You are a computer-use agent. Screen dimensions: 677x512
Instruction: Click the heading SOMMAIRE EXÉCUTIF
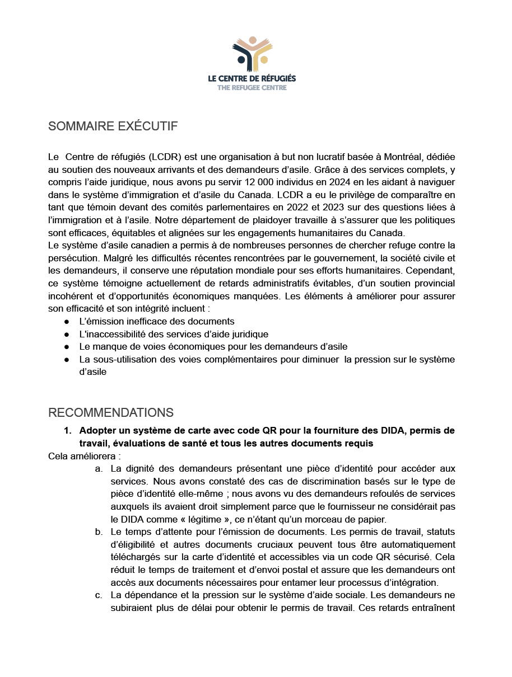(x=113, y=126)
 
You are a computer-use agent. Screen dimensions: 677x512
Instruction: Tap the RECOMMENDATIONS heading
(x=111, y=413)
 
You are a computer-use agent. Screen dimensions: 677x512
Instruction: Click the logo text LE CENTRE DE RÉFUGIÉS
(x=252, y=79)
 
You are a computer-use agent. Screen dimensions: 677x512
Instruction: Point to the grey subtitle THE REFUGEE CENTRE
(x=252, y=87)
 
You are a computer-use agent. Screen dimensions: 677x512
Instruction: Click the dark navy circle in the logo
(x=241, y=59)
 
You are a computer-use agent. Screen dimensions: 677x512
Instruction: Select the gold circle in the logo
(x=264, y=59)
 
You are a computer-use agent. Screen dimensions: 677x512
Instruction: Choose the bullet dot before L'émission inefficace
(x=67, y=322)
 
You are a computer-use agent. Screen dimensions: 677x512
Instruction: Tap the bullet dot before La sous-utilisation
(x=67, y=359)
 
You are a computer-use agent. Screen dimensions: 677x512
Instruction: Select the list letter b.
(x=99, y=532)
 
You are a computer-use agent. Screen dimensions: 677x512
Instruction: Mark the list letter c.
(x=99, y=594)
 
